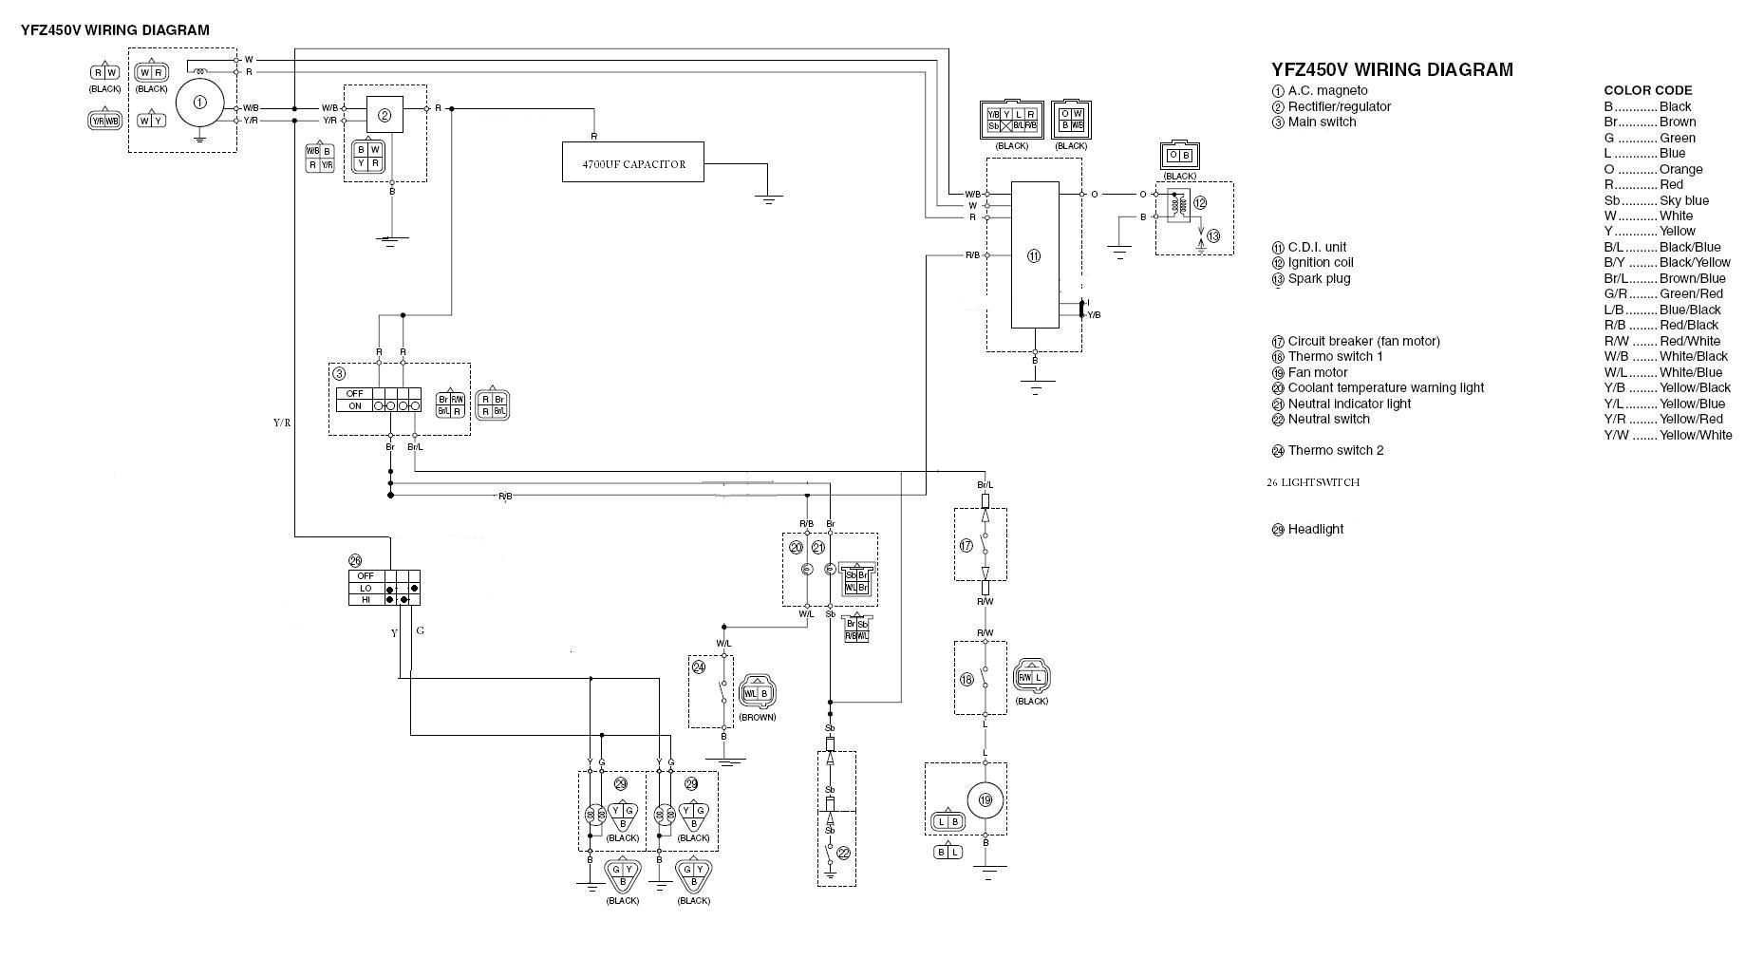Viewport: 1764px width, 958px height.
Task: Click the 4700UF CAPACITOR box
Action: (632, 162)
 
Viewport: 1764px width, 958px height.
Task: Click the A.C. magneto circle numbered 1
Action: (199, 102)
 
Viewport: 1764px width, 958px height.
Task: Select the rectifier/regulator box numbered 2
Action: (385, 115)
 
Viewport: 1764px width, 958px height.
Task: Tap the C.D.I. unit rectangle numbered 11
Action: (1034, 254)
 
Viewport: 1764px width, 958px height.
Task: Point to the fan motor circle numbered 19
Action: (985, 800)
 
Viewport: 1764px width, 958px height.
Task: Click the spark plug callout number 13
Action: (1212, 236)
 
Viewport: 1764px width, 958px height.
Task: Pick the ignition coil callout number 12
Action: (1199, 203)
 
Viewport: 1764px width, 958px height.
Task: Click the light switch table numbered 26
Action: (384, 588)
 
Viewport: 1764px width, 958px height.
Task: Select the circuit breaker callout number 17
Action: (966, 546)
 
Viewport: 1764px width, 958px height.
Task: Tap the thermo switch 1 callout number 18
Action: (966, 680)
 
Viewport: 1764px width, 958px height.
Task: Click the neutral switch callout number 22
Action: (843, 854)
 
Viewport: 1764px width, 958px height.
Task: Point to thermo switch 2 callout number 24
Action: (699, 667)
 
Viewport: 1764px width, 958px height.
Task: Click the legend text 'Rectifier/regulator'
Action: (1339, 106)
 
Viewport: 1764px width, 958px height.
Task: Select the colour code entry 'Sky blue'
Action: (1683, 200)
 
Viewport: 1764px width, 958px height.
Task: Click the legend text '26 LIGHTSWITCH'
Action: (1312, 482)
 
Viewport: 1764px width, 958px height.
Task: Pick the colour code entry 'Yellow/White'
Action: (1696, 435)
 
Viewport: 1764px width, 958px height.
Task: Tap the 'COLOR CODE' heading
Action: (1647, 90)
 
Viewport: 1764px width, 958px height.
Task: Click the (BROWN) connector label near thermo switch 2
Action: (757, 717)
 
